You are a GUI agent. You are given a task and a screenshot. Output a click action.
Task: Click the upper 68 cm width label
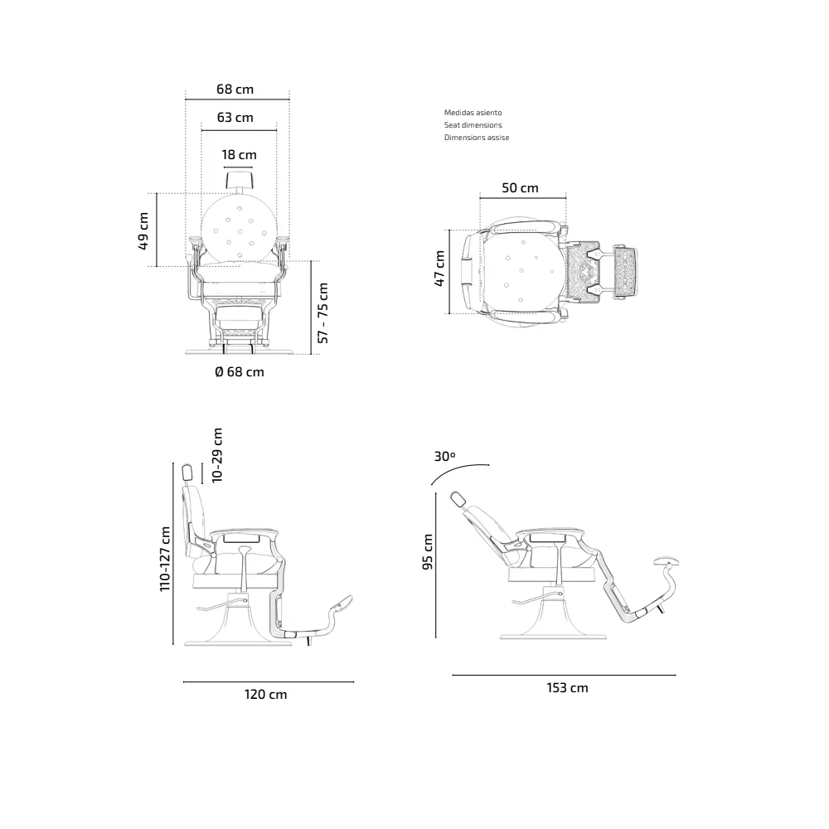point(235,89)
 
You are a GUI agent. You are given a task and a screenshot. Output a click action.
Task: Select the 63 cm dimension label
point(235,117)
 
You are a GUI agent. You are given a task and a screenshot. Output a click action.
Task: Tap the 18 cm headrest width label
point(239,154)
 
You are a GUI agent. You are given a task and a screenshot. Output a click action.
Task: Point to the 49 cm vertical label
point(143,231)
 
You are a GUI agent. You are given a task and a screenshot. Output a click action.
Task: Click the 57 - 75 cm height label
point(323,313)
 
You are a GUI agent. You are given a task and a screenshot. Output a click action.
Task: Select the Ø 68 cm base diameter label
point(240,371)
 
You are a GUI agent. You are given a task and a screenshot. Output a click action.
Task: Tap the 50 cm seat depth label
point(520,187)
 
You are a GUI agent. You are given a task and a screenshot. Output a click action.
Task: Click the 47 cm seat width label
point(439,269)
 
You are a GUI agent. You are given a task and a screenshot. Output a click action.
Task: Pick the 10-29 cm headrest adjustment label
point(217,454)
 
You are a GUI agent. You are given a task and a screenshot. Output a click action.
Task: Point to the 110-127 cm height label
point(166,558)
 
